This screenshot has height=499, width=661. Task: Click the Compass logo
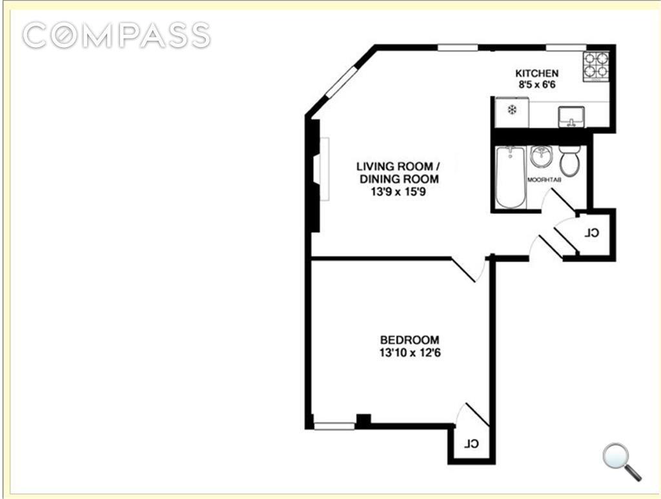pos(116,35)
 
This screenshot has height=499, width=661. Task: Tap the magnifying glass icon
pos(621,460)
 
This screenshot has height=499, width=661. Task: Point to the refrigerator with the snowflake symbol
pos(511,111)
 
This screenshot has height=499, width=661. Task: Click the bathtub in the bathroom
pos(511,177)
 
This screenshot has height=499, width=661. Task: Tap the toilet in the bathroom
pos(569,161)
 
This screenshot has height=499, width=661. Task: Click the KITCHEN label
pos(536,73)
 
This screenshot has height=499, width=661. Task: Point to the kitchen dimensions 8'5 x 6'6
pos(536,84)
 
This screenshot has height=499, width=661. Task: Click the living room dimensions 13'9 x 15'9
pos(398,191)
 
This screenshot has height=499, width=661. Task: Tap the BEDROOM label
pos(409,340)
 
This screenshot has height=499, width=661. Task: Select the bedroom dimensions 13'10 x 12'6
pos(409,353)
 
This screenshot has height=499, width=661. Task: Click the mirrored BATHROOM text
pos(545,179)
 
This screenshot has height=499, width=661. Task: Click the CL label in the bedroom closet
pos(473,444)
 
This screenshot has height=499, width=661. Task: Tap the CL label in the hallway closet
pos(592,233)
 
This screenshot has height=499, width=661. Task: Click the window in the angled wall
pos(341,82)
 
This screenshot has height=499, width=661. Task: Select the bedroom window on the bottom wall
pos(334,426)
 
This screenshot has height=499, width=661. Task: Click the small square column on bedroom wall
pos(363,420)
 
